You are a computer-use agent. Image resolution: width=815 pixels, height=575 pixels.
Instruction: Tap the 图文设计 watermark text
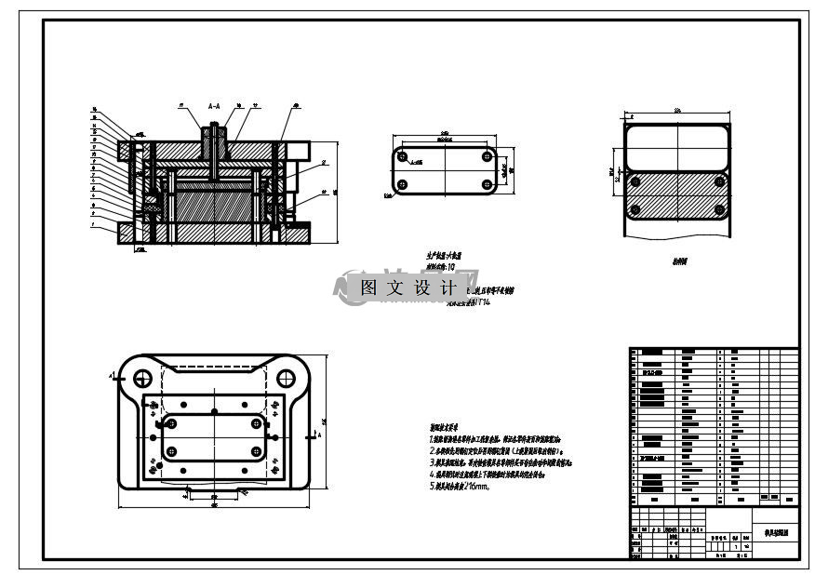[x=407, y=288]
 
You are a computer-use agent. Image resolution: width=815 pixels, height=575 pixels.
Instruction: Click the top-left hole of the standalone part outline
[x=402, y=157]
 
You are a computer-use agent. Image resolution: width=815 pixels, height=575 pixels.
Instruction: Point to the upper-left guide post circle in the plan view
[x=143, y=379]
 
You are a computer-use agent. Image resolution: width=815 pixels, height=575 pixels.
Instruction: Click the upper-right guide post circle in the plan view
[x=286, y=379]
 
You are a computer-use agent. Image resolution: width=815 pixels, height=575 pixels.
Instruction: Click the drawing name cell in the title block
[x=775, y=535]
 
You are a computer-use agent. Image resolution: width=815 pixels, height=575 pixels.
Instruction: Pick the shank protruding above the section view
[x=214, y=135]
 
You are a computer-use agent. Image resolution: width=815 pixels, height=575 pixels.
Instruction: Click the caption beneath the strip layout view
[x=679, y=262]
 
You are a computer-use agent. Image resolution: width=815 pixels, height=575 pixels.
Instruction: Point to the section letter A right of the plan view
[x=320, y=435]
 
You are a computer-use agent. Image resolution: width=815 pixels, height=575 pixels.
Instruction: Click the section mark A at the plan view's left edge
[x=114, y=377]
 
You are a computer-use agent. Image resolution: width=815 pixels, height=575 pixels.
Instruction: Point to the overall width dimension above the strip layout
[x=677, y=112]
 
